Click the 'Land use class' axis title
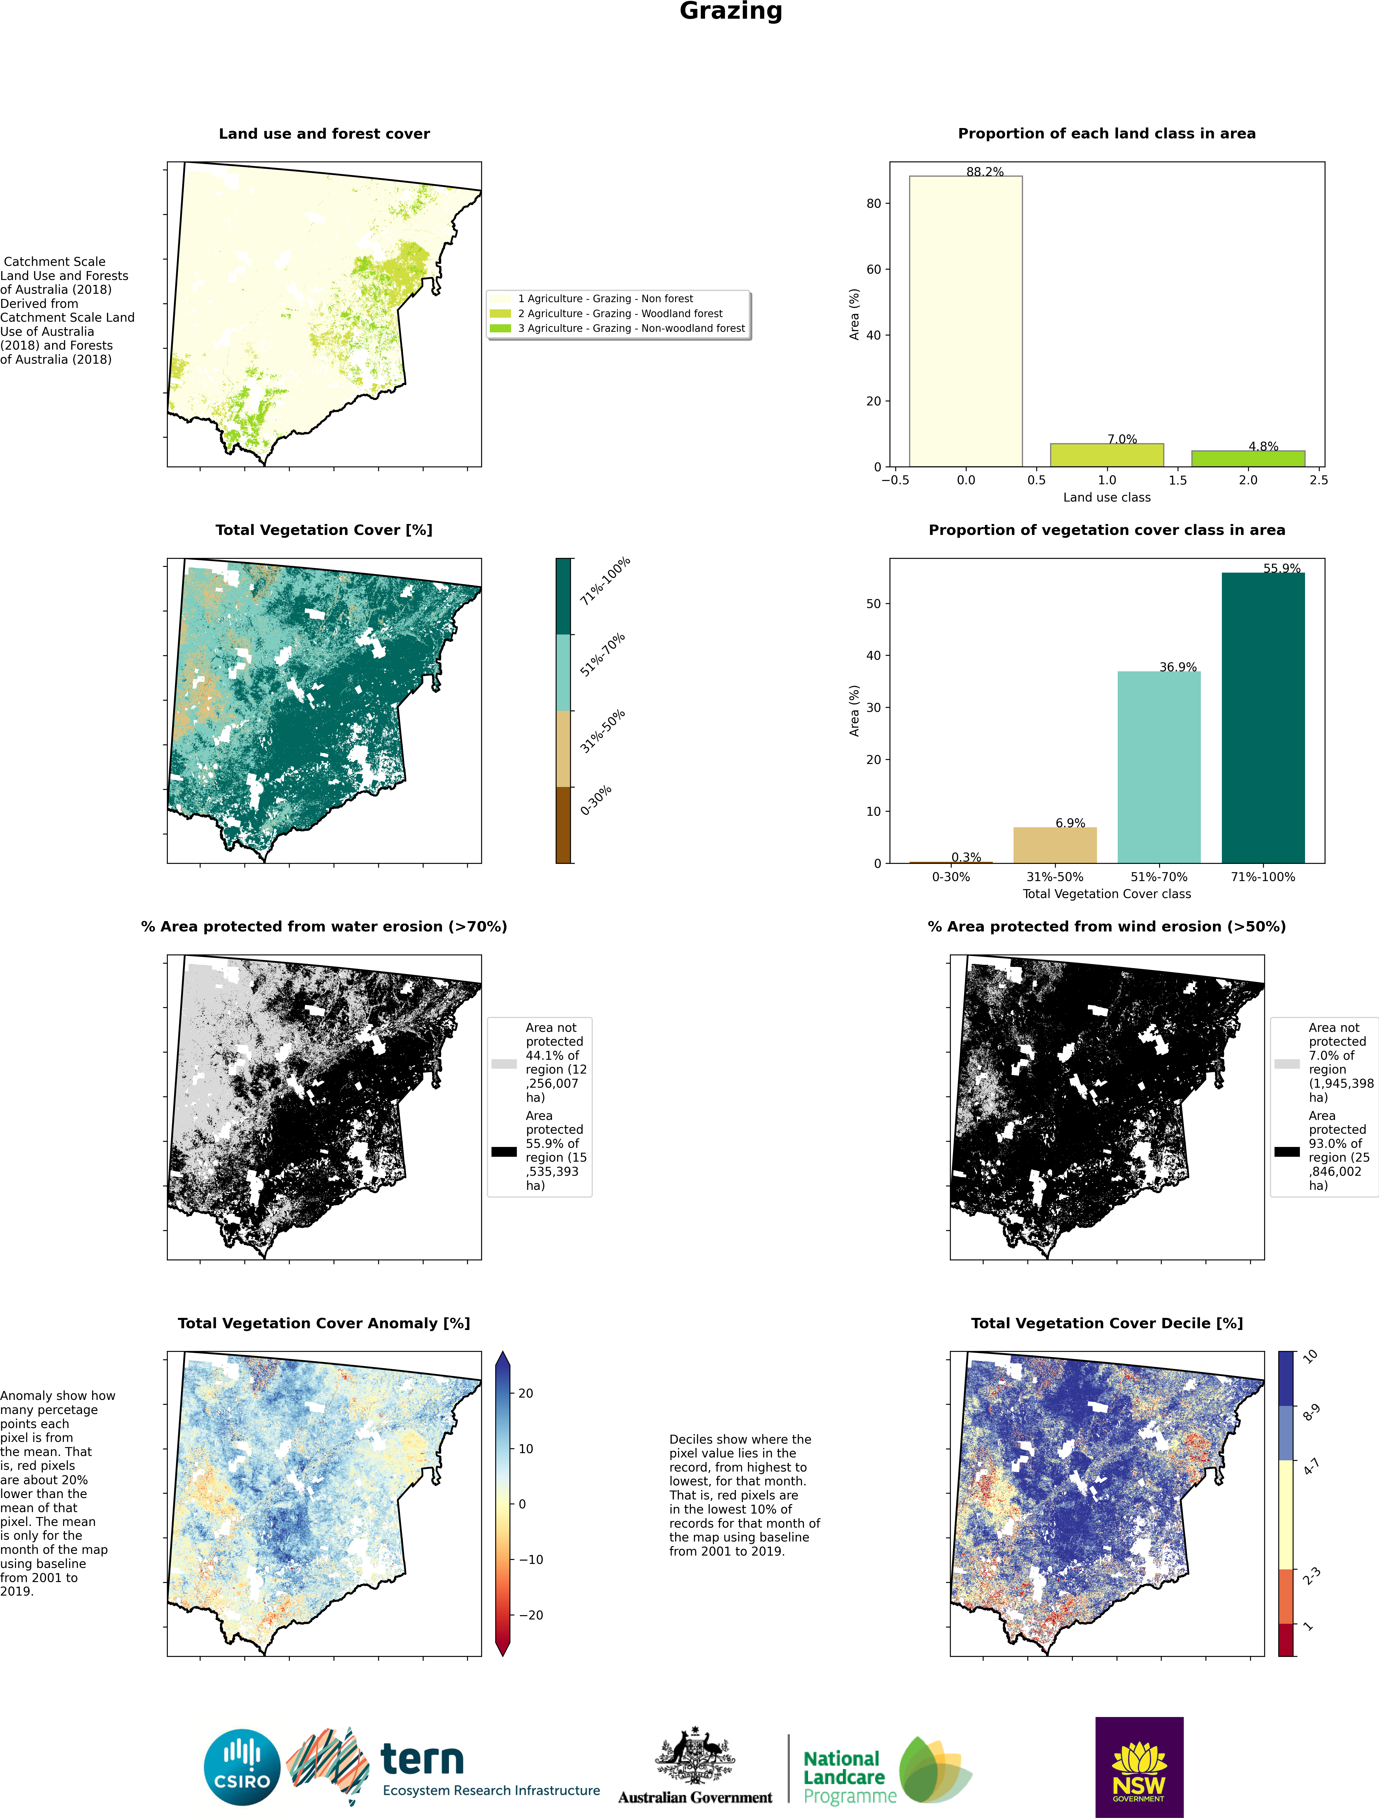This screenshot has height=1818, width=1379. pyautogui.click(x=1106, y=497)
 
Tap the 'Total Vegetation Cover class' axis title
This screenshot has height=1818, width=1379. pyautogui.click(x=1106, y=893)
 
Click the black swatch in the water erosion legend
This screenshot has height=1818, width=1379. pyautogui.click(x=504, y=1152)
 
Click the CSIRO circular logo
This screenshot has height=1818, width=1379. pyautogui.click(x=242, y=1767)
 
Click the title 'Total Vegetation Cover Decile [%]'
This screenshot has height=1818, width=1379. pyautogui.click(x=1106, y=1323)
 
